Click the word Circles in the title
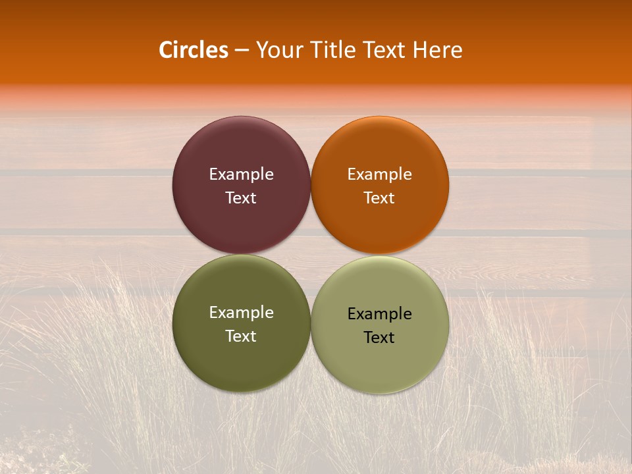[194, 50]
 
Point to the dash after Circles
[242, 51]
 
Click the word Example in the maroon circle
[241, 174]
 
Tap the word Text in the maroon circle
[241, 197]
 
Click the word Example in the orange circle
[379, 174]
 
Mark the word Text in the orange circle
[379, 197]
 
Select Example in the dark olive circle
[241, 313]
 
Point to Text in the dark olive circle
[241, 336]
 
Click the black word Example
[379, 314]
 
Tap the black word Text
[379, 337]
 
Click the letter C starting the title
[166, 50]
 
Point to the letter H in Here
[419, 50]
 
